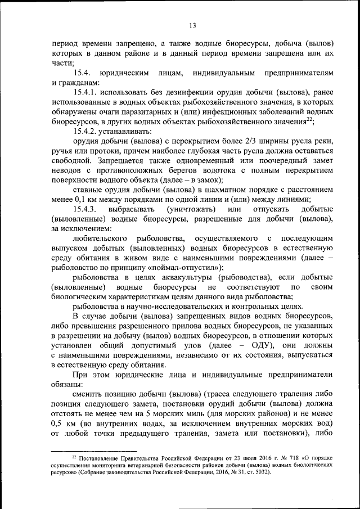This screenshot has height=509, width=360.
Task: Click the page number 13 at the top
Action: point(193,25)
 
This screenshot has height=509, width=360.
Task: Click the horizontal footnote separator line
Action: point(93,451)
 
